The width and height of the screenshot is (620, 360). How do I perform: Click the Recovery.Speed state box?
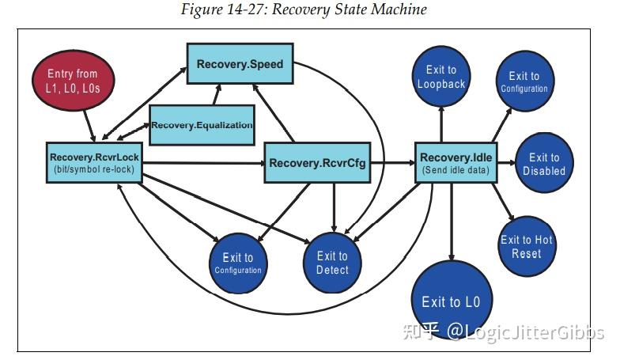240,63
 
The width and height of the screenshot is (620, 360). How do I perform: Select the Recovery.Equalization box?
202,124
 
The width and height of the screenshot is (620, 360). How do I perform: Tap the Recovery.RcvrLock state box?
93,163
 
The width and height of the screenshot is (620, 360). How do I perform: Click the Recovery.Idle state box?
456,163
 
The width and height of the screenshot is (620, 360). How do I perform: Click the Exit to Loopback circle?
440,77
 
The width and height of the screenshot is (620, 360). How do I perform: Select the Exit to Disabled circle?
544,165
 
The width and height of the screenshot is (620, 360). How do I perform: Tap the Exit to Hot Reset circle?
527,246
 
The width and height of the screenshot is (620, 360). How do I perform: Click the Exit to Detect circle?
332,263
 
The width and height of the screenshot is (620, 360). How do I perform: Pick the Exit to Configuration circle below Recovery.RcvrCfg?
237,263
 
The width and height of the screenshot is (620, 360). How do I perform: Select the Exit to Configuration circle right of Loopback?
524,82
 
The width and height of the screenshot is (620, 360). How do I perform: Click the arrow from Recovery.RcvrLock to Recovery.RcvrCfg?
202,164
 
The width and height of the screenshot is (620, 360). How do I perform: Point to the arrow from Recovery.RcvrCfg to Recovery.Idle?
392,164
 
